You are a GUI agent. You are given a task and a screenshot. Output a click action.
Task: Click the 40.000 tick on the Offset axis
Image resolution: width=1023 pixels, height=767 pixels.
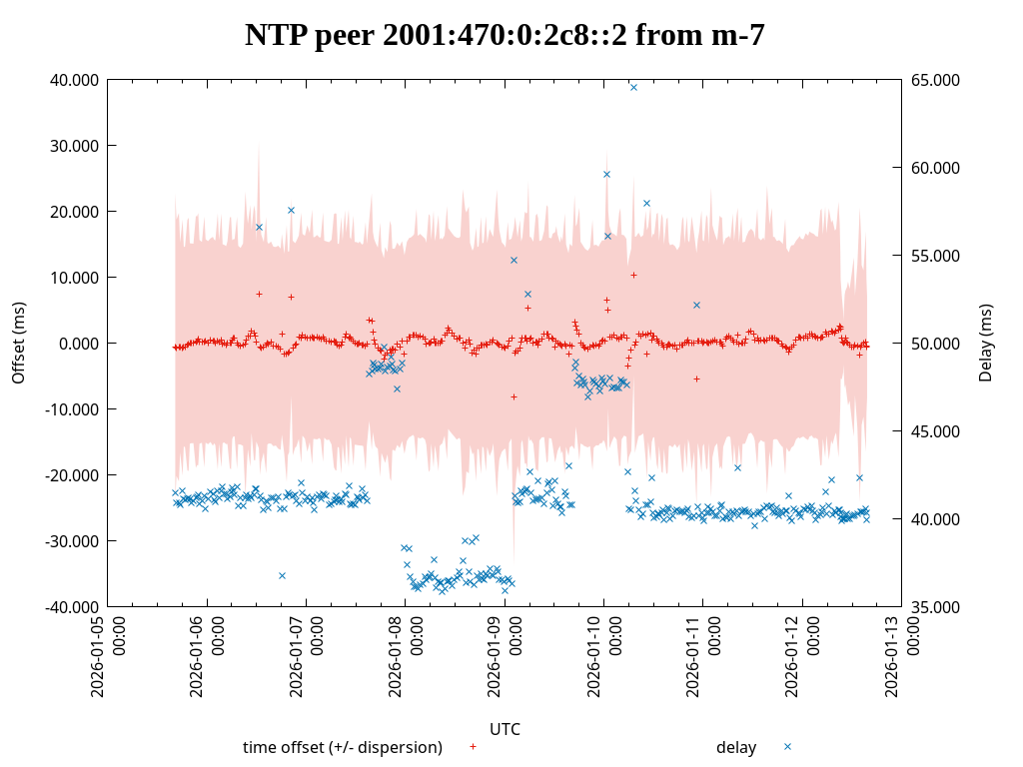pyautogui.click(x=74, y=80)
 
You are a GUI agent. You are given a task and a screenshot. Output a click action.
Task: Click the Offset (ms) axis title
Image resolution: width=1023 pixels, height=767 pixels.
pyautogui.click(x=18, y=344)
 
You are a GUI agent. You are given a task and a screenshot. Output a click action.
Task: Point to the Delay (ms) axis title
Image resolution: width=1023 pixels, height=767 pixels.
pyautogui.click(x=987, y=344)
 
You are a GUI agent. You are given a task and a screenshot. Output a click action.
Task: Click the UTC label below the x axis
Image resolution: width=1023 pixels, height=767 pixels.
pyautogui.click(x=505, y=729)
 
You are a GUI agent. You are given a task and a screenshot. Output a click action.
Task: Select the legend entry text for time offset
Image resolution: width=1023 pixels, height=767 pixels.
pyautogui.click(x=343, y=748)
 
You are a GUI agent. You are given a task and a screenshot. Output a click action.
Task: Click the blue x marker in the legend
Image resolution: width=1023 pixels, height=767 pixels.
pyautogui.click(x=787, y=747)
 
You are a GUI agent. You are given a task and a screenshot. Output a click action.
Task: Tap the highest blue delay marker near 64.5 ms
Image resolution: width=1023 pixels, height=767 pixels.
pyautogui.click(x=633, y=87)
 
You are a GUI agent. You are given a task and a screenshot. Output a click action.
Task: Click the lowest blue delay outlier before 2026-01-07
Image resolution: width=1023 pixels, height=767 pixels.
pyautogui.click(x=282, y=575)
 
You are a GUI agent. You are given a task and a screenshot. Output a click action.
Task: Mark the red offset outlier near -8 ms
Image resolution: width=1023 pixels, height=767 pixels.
pyautogui.click(x=513, y=396)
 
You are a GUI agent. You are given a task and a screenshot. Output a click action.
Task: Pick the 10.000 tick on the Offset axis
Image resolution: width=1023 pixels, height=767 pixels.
pyautogui.click(x=74, y=278)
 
